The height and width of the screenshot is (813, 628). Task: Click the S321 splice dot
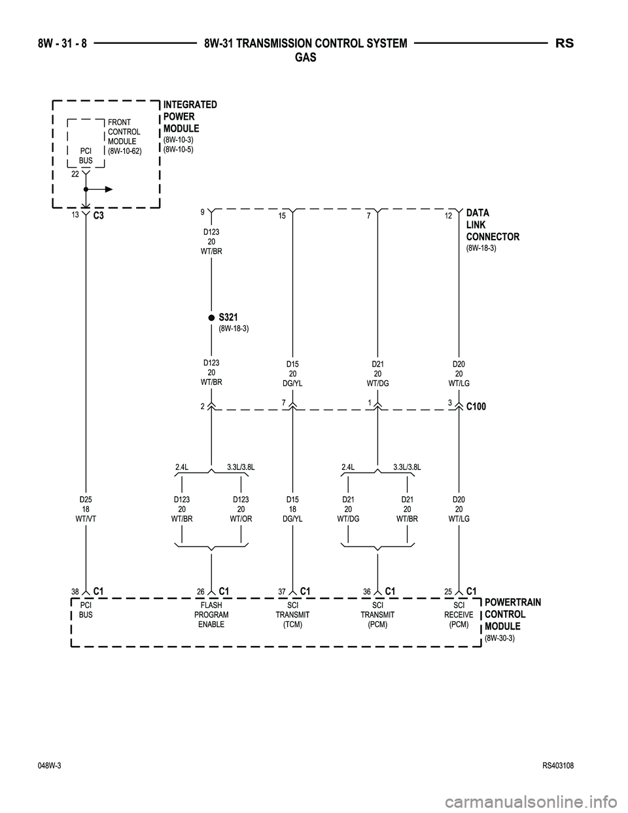(211, 317)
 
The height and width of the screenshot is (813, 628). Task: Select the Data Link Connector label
(492, 225)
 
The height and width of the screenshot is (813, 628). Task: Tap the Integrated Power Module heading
(190, 117)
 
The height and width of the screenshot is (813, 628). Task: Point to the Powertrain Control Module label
(512, 615)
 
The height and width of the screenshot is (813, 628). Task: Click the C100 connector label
(476, 406)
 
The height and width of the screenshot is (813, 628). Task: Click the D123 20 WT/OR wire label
(241, 509)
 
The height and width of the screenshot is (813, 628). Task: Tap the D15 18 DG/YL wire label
(292, 509)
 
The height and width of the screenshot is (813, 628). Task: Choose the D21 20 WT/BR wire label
(407, 509)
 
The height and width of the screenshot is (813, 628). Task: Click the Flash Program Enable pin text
(211, 615)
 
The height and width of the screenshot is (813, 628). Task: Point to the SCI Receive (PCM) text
(459, 615)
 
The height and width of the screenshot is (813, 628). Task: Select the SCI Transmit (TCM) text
(292, 615)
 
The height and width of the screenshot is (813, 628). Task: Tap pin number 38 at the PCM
(75, 592)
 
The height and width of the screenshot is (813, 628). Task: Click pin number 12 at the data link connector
(447, 216)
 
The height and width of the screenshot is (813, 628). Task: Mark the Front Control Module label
(124, 136)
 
